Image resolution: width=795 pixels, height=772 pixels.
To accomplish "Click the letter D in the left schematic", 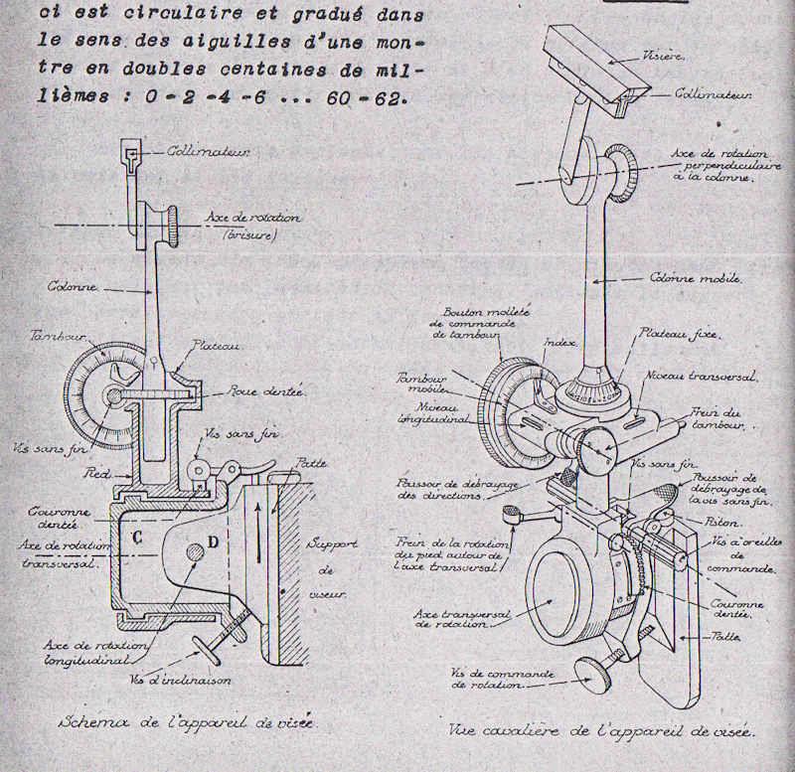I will [x=213, y=542].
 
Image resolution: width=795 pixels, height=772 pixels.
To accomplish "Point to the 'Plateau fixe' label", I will [x=681, y=335].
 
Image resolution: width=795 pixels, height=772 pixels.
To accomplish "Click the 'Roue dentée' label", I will [x=258, y=390].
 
